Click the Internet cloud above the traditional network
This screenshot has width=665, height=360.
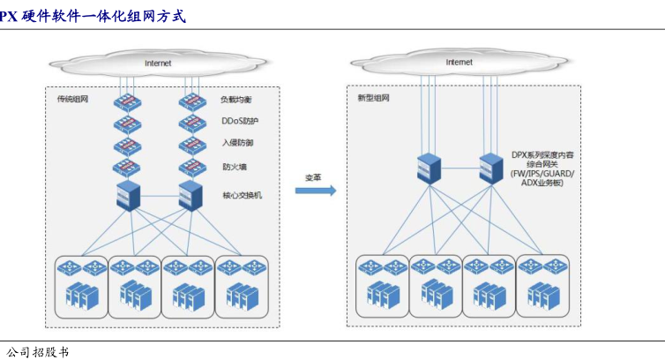(x=159, y=64)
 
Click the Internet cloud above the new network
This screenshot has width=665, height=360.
(x=459, y=63)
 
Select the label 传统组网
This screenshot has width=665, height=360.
(x=72, y=99)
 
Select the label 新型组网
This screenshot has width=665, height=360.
(x=371, y=98)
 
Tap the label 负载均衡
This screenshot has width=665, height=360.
(x=236, y=100)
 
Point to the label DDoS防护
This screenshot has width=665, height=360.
(x=238, y=121)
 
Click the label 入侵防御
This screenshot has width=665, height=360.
(x=236, y=143)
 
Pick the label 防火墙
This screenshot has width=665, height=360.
(x=233, y=166)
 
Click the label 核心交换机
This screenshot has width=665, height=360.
(x=242, y=195)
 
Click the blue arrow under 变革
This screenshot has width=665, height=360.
(x=315, y=191)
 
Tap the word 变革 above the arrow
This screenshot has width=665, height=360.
(x=313, y=176)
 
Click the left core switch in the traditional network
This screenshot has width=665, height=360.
(x=129, y=196)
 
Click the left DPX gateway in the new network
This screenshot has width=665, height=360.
(x=430, y=167)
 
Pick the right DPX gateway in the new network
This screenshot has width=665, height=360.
(x=491, y=167)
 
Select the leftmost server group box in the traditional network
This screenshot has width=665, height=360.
(x=81, y=287)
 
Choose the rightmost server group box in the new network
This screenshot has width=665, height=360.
(x=542, y=286)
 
